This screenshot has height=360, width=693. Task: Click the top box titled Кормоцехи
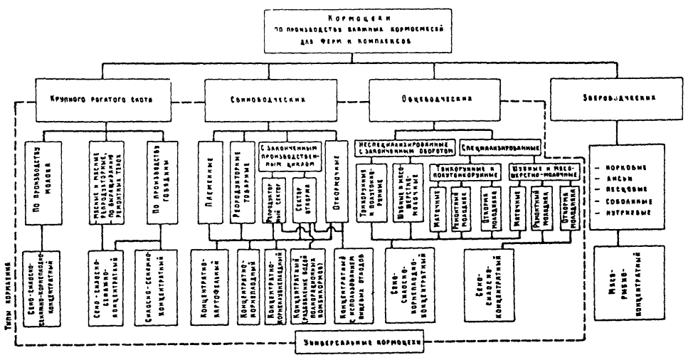pyautogui.click(x=346, y=32)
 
